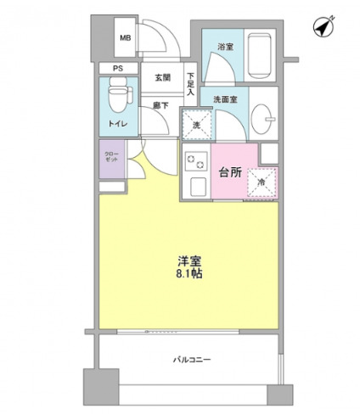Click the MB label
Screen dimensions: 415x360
click(125, 38)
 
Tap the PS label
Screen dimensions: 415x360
click(119, 68)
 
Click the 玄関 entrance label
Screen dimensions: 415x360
click(162, 78)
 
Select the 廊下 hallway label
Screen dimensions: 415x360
click(160, 105)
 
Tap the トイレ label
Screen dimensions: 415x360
click(116, 125)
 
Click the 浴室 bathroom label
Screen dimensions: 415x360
click(225, 46)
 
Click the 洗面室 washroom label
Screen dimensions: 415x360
click(224, 98)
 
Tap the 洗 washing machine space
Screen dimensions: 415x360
click(197, 126)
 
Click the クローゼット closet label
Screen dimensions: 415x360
click(111, 158)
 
